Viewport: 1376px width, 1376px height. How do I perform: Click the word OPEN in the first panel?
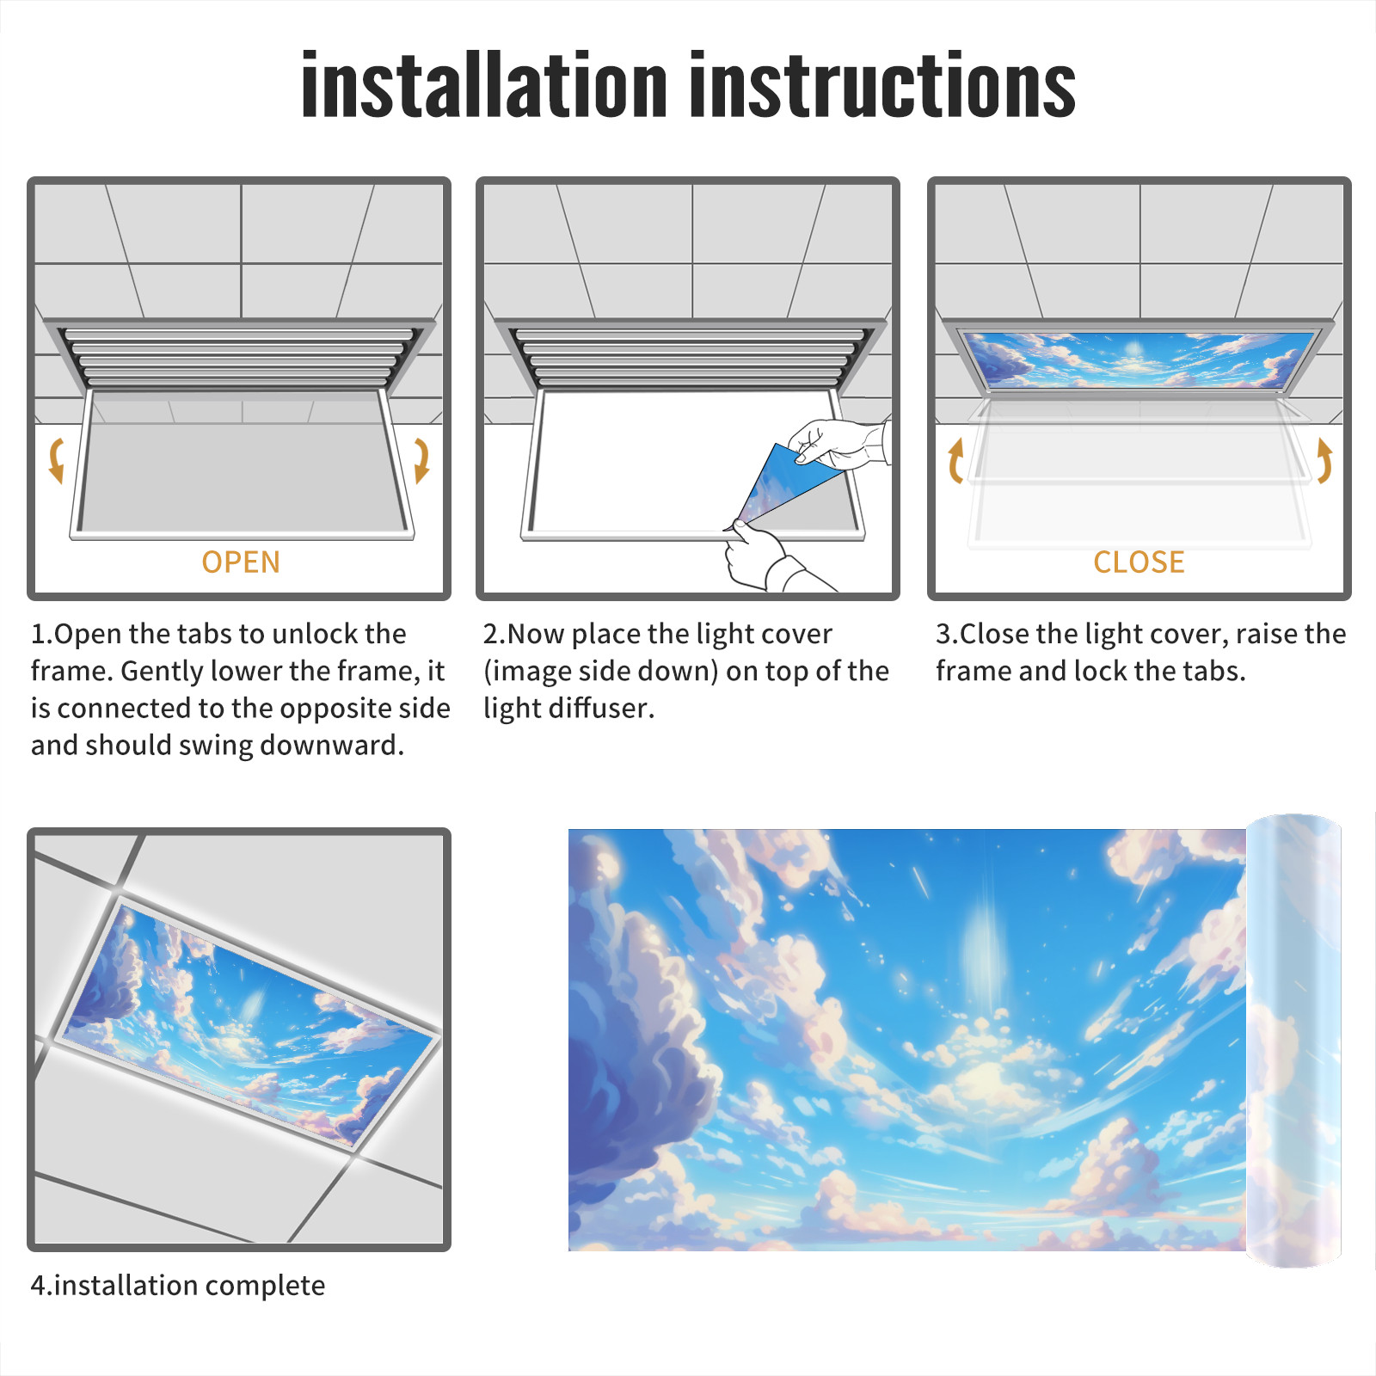coord(241,562)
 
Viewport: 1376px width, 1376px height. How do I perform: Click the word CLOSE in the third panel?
coord(1139,562)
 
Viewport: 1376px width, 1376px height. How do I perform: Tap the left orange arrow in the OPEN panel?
coord(57,460)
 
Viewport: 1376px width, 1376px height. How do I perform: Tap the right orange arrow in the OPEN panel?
coord(421,460)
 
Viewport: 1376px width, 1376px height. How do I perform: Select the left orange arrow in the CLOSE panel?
coord(955,460)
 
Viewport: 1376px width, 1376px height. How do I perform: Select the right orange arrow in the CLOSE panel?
coord(1324,460)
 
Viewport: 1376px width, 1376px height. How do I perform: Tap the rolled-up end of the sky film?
coord(1293,1041)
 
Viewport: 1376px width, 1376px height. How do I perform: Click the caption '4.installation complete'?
coord(178,1286)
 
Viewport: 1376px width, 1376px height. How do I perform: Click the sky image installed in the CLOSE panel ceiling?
coord(1139,359)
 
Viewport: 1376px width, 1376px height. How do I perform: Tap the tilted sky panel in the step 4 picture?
coord(249,1023)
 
